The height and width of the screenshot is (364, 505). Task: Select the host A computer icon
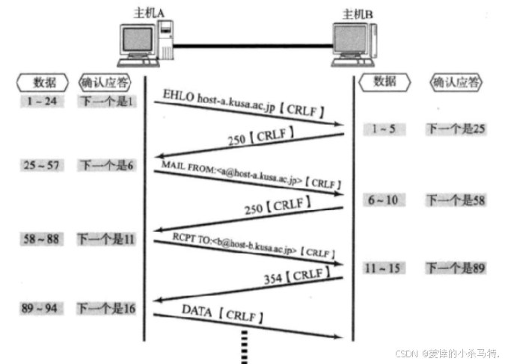click(147, 44)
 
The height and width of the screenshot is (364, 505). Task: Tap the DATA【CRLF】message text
click(221, 314)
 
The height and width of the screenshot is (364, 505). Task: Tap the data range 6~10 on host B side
click(385, 200)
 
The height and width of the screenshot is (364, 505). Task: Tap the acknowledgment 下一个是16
click(106, 307)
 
